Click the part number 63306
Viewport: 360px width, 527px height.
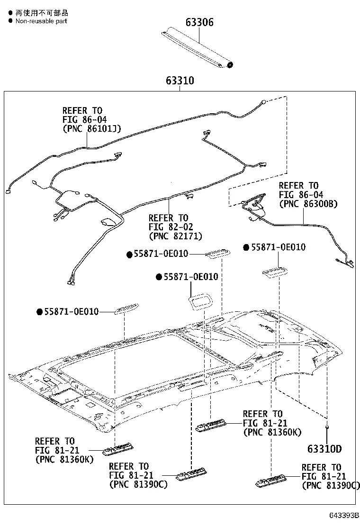click(x=199, y=22)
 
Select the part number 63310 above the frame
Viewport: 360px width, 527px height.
click(x=180, y=81)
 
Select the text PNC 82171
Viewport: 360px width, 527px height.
click(x=175, y=236)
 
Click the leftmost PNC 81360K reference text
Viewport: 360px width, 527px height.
click(x=64, y=459)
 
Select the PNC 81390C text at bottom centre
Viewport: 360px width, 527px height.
click(x=138, y=484)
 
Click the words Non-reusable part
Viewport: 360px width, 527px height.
click(x=41, y=21)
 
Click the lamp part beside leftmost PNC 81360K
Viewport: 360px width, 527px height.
click(x=119, y=447)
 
